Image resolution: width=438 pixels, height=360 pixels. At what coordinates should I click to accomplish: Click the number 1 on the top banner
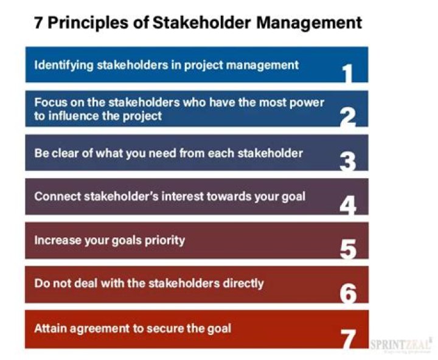pyautogui.click(x=347, y=72)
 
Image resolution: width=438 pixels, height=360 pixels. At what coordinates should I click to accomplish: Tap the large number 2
pyautogui.click(x=347, y=116)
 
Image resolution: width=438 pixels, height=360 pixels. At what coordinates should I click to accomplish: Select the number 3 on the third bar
pyautogui.click(x=347, y=161)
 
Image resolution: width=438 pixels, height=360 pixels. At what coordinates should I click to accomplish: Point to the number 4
pyautogui.click(x=347, y=205)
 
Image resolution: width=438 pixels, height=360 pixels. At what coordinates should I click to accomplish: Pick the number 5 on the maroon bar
pyautogui.click(x=347, y=249)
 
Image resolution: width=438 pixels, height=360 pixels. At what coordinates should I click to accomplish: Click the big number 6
pyautogui.click(x=347, y=293)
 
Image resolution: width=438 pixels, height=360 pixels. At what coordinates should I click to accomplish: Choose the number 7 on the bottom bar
pyautogui.click(x=347, y=338)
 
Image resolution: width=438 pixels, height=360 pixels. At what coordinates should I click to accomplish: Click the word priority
pyautogui.click(x=162, y=240)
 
